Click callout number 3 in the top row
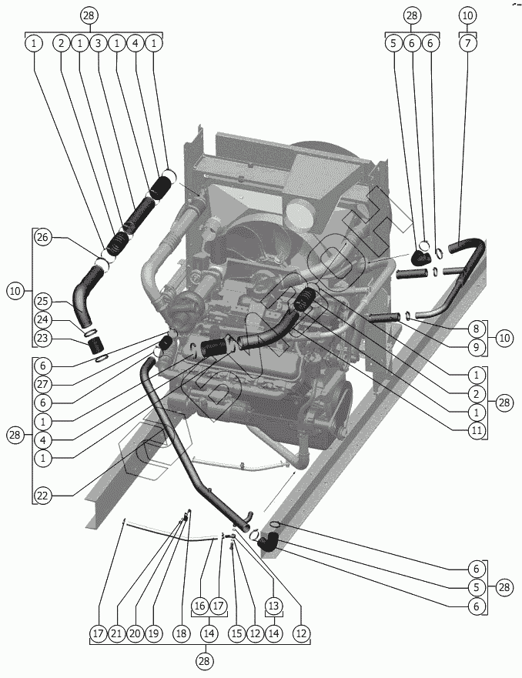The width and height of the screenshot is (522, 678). tap(98, 43)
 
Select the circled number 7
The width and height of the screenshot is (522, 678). tap(468, 43)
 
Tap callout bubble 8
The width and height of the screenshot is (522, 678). tap(477, 326)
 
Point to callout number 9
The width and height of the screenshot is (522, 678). tap(477, 347)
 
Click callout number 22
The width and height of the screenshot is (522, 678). tap(43, 495)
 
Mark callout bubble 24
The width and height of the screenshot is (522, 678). tap(43, 319)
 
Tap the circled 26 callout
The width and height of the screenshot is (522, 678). tap(43, 238)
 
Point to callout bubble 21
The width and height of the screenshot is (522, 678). tap(116, 633)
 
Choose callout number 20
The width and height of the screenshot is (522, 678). tap(135, 633)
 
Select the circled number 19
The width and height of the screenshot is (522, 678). tap(153, 633)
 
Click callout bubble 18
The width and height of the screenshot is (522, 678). tap(181, 633)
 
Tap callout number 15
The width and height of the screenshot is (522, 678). tap(236, 633)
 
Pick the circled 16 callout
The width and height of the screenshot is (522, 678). tap(199, 606)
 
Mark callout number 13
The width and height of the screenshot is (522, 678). tap(273, 606)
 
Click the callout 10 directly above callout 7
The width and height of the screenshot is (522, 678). tap(468, 15)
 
